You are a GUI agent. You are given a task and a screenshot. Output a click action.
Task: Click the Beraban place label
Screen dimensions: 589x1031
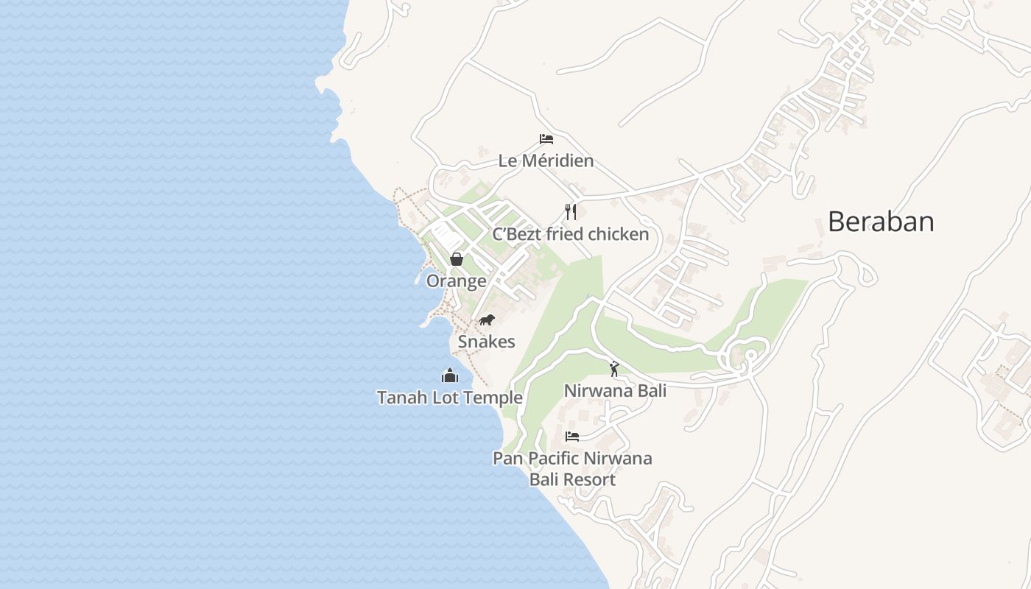point(881,222)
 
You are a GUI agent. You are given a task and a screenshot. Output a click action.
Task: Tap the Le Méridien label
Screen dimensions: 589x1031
point(546,161)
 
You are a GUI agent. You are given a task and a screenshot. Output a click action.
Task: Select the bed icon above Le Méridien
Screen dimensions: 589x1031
point(546,138)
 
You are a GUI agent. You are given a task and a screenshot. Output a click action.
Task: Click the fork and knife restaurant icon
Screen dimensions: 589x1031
point(571,212)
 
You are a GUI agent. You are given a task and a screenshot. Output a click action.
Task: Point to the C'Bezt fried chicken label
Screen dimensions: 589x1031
point(571,234)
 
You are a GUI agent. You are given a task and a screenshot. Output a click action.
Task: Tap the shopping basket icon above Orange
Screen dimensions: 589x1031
point(457,259)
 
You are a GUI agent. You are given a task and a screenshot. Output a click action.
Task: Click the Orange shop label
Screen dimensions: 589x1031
point(457,281)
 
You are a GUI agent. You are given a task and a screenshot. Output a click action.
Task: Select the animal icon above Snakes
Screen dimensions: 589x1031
point(487,320)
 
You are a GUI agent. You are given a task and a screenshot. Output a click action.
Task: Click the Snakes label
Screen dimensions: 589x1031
point(487,342)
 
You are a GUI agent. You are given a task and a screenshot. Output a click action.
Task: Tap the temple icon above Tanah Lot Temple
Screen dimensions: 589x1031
point(450,375)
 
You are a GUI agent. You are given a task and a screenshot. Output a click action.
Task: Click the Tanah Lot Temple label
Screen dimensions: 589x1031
point(450,398)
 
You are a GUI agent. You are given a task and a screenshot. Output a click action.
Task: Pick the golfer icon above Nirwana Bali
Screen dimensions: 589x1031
point(614,369)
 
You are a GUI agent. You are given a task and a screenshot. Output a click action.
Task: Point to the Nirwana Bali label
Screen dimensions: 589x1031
point(615,390)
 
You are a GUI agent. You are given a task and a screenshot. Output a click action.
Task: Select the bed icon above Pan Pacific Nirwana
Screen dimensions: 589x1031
point(572,437)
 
